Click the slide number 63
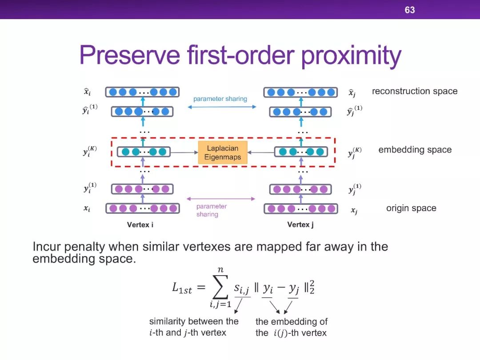pyautogui.click(x=410, y=10)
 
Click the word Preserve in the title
pyautogui.click(x=130, y=55)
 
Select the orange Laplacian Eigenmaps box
pyautogui.click(x=223, y=152)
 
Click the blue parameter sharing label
pyautogui.click(x=220, y=99)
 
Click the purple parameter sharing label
pyautogui.click(x=211, y=210)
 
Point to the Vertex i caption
pyautogui.click(x=140, y=225)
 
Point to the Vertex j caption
pyautogui.click(x=300, y=225)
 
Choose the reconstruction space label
pyautogui.click(x=415, y=91)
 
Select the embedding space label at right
pyautogui.click(x=415, y=149)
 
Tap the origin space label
pyautogui.click(x=411, y=208)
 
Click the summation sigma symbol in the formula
pyautogui.click(x=220, y=287)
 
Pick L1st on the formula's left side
pyautogui.click(x=182, y=288)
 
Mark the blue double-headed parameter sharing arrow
pyautogui.click(x=222, y=107)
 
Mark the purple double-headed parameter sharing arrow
pyautogui.click(x=221, y=199)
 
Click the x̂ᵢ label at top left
pyautogui.click(x=87, y=91)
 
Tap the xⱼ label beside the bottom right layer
pyautogui.click(x=354, y=210)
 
